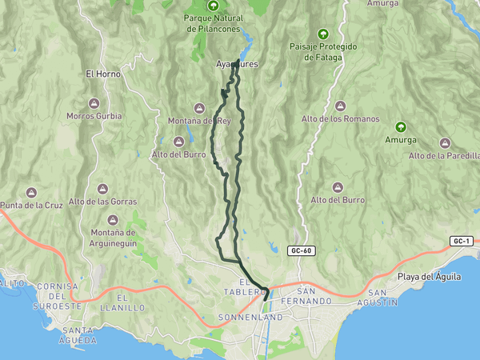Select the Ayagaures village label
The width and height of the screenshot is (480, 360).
pyautogui.click(x=237, y=64)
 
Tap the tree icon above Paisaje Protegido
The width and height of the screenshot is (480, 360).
pyautogui.click(x=323, y=34)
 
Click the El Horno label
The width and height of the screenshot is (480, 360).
pyautogui.click(x=102, y=74)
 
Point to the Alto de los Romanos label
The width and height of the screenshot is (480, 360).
pyautogui.click(x=340, y=119)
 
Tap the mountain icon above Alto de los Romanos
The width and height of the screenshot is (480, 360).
pyautogui.click(x=340, y=106)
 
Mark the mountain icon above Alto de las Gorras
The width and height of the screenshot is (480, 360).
pyautogui.click(x=102, y=188)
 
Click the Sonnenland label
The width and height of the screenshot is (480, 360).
pyautogui.click(x=250, y=318)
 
